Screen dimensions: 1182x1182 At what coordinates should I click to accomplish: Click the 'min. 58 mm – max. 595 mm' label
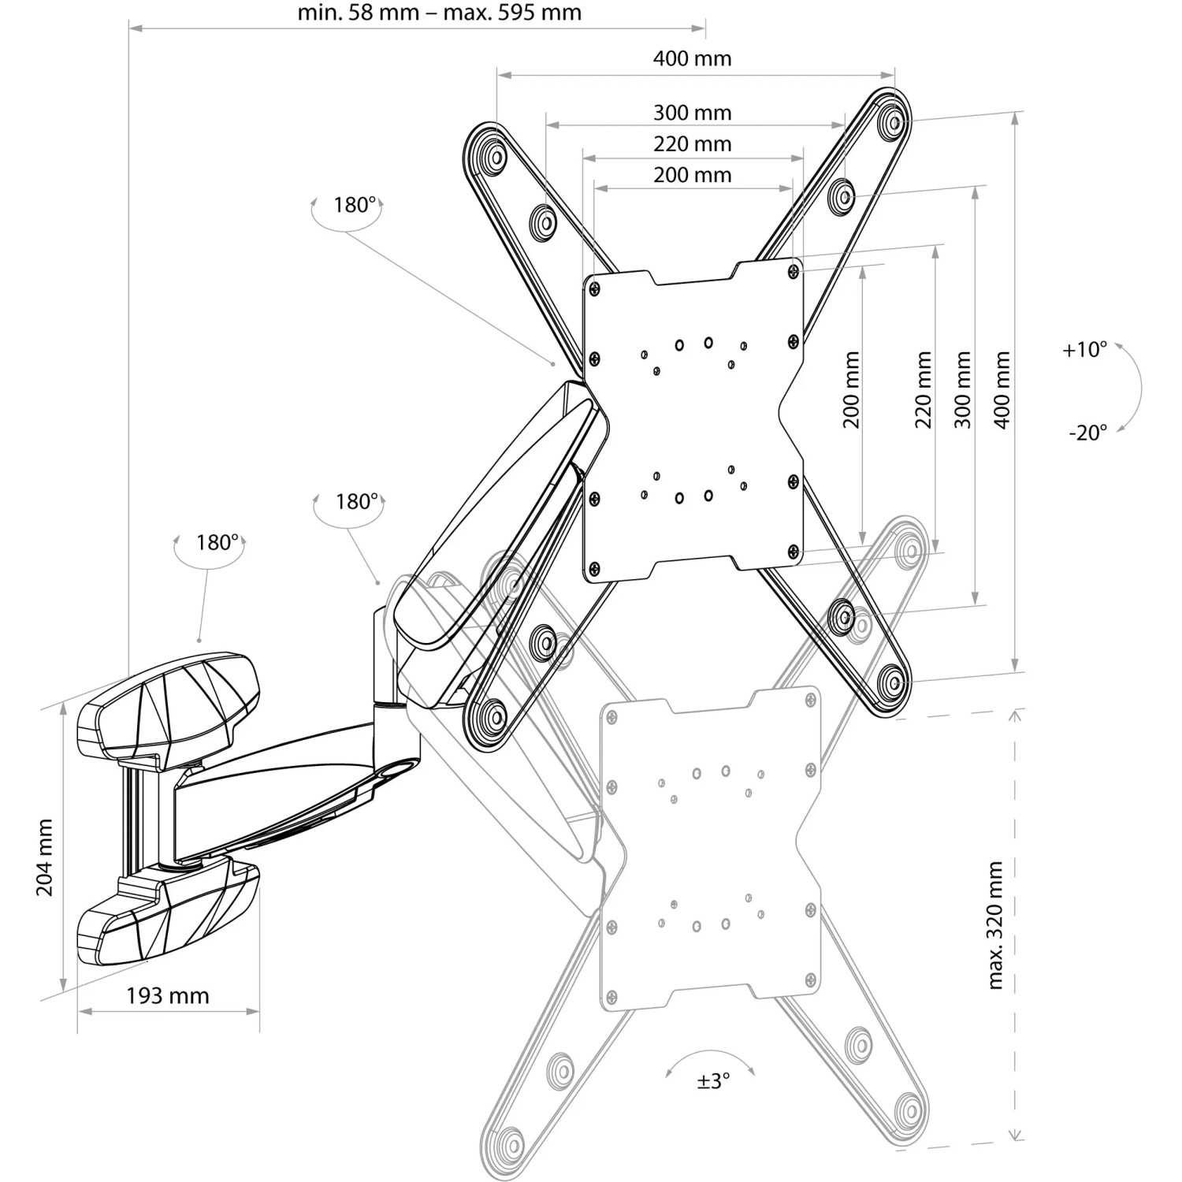[440, 13]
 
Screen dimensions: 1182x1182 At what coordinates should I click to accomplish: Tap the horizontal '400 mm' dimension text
[692, 58]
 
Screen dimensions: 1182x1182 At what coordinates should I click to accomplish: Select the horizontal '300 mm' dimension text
[692, 113]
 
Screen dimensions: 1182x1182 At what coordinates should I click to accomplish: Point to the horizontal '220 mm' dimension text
[692, 144]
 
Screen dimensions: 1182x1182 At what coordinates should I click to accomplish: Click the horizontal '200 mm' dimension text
[692, 175]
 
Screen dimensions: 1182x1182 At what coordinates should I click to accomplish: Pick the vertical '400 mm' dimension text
[1002, 390]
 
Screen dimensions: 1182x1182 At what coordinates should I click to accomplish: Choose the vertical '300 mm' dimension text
[962, 390]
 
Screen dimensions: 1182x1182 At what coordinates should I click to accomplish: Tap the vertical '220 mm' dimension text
[924, 390]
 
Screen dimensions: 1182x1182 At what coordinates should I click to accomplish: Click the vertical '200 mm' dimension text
[852, 390]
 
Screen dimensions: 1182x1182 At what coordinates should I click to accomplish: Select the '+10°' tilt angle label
[1084, 350]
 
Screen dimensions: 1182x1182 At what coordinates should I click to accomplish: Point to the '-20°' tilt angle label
[1087, 432]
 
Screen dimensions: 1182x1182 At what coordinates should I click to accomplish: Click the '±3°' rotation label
[713, 1081]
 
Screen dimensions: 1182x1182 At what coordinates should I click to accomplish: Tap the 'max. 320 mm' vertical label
[994, 925]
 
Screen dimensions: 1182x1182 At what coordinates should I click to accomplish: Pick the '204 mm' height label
[45, 857]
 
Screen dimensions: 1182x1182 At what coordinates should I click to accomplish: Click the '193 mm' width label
[168, 996]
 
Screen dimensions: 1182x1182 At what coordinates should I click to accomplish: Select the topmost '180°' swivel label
[354, 205]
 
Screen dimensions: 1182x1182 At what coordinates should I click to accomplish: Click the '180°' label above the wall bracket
[217, 542]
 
